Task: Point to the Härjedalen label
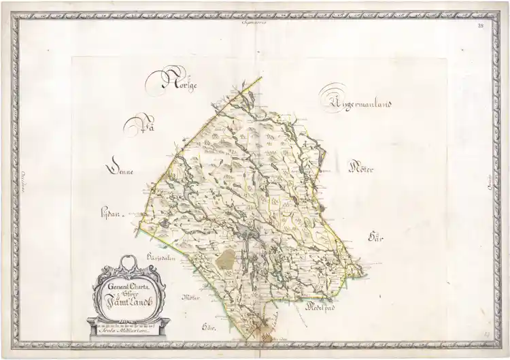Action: point(161,258)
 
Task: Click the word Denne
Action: point(120,171)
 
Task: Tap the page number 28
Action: point(481,26)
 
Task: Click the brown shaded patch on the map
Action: point(226,257)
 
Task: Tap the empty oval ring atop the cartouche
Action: point(123,264)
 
